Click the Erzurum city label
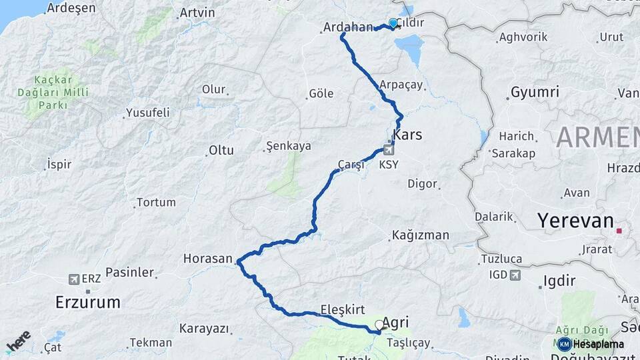pyautogui.click(x=88, y=303)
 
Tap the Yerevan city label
pyautogui.click(x=575, y=221)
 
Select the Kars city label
pyautogui.click(x=408, y=135)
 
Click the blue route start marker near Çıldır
pyautogui.click(x=393, y=24)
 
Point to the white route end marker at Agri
pyautogui.click(x=379, y=325)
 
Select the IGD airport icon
pyautogui.click(x=515, y=274)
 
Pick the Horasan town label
pyautogui.click(x=208, y=258)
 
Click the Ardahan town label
pyautogui.click(x=347, y=27)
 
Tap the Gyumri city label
pyautogui.click(x=534, y=92)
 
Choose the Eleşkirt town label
pyautogui.click(x=342, y=309)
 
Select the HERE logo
pyautogui.click(x=19, y=341)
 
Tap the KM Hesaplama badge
pyautogui.click(x=591, y=344)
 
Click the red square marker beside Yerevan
pyautogui.click(x=619, y=231)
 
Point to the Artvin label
pyautogui.click(x=197, y=13)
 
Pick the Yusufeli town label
pyautogui.click(x=147, y=112)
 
